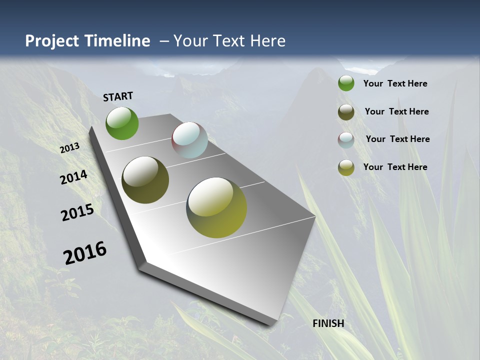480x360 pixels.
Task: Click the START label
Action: tap(118, 96)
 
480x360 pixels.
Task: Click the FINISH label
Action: tap(328, 323)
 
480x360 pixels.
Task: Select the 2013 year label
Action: tap(70, 147)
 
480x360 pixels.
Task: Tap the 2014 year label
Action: tap(74, 177)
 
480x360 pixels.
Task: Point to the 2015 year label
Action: tap(77, 212)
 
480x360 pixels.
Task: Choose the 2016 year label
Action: tap(85, 253)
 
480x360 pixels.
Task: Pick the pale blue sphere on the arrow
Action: tap(189, 140)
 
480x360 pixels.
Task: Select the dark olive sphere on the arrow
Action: tap(145, 180)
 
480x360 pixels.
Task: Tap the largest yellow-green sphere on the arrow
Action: tap(216, 207)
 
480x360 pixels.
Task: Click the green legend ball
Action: tap(346, 83)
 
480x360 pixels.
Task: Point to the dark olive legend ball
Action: tap(346, 112)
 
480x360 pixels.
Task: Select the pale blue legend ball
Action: tap(346, 140)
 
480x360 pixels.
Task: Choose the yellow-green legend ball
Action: tap(346, 167)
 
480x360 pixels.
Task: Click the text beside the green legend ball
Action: tap(395, 83)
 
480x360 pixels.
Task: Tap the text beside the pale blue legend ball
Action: tap(397, 139)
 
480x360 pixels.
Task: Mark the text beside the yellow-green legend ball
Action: tap(395, 167)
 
